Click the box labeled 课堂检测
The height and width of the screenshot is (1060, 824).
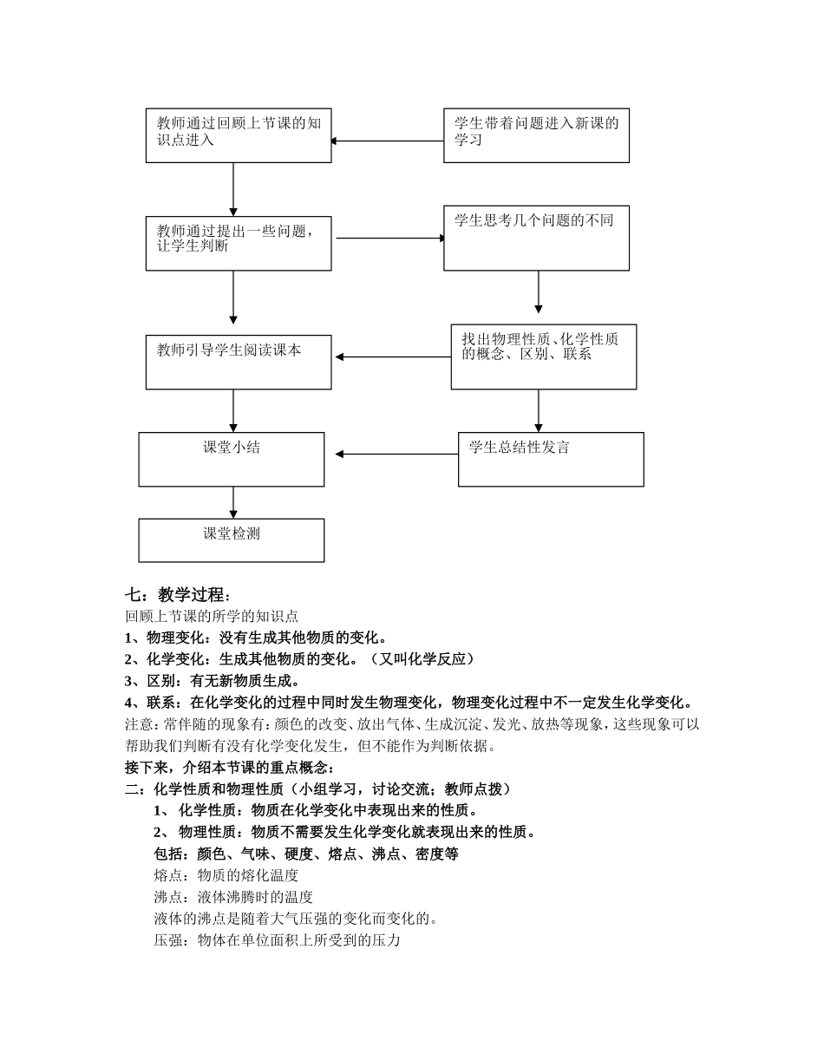coord(232,540)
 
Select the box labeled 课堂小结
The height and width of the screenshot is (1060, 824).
coord(232,459)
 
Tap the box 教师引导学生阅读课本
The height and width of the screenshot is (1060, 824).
coord(239,362)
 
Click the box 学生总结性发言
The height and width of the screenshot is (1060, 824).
coord(551,459)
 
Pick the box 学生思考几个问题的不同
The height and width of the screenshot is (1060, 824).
coord(536,238)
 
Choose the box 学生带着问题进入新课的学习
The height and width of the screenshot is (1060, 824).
coord(536,135)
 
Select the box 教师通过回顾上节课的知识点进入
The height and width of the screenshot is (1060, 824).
coord(239,135)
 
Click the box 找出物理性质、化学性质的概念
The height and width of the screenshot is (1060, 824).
coord(543,357)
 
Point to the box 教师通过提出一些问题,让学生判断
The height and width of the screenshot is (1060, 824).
coord(239,243)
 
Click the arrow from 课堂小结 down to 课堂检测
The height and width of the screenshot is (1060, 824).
coord(233,502)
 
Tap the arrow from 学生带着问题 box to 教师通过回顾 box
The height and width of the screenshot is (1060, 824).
coord(387,141)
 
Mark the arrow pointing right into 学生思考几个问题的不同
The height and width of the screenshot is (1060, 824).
coord(390,238)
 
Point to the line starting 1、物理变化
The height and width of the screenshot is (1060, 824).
coord(256,638)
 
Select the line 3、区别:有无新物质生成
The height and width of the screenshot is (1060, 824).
coord(213,681)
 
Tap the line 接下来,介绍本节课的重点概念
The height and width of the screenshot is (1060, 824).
coord(229,768)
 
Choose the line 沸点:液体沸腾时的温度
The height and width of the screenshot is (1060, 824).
coord(233,897)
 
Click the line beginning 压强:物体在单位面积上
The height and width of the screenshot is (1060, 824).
coord(277,940)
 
